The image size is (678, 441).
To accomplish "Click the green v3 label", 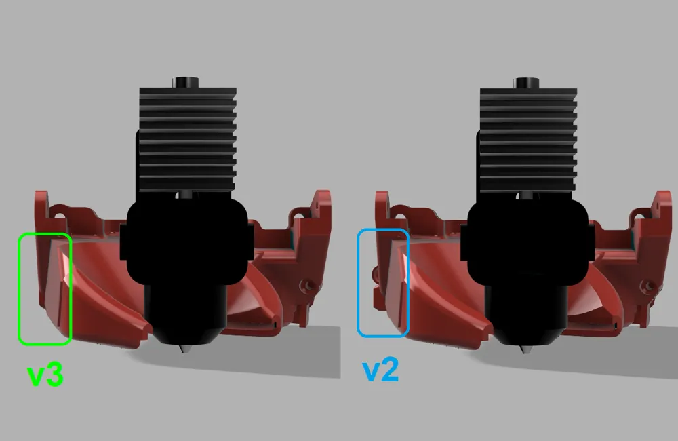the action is coord(45,375).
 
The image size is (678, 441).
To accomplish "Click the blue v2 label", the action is coord(380,370).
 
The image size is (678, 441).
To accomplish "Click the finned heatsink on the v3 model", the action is coord(188,139).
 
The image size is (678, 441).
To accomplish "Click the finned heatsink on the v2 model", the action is coord(528,139).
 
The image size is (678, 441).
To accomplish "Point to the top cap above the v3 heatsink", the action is coord(187,83).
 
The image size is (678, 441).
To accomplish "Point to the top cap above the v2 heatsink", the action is coord(527,83).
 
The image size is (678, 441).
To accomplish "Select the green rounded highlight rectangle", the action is coord(19,289).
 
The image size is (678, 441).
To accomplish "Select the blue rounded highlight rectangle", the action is coord(358,283).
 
